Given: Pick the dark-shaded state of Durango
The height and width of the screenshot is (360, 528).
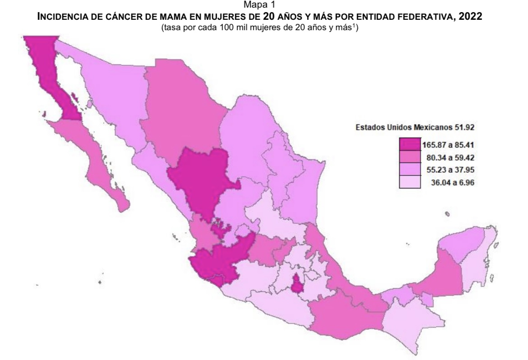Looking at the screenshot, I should point(203,180).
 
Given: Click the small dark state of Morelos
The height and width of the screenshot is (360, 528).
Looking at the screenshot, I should point(297,285).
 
